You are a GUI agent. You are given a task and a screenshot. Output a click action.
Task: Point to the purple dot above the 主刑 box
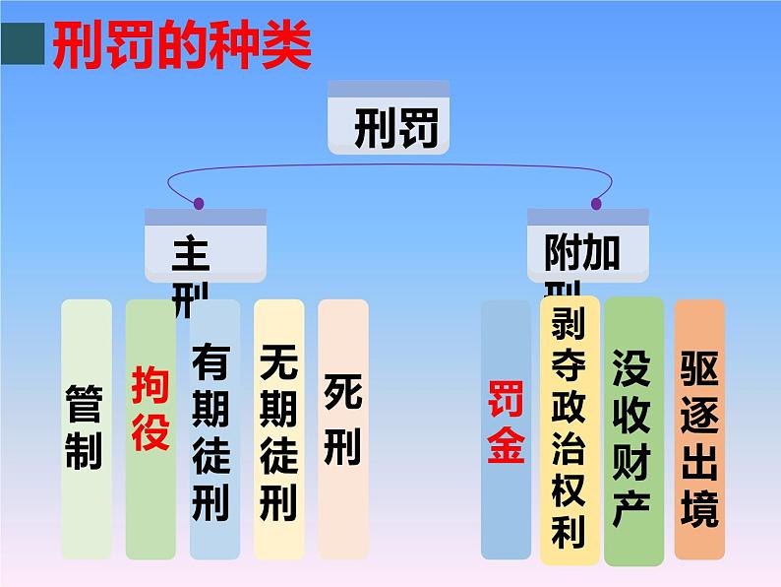tap(199, 204)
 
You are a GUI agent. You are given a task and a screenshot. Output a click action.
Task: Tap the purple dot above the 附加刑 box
tap(596, 204)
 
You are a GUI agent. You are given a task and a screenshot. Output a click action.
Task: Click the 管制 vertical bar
tap(86, 427)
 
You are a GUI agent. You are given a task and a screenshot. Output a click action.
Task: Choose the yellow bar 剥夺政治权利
tap(569, 427)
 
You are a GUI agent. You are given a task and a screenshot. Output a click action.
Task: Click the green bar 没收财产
tap(632, 431)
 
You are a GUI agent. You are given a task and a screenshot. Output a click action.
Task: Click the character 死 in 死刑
tap(342, 393)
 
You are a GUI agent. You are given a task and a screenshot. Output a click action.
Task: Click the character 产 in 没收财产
tap(632, 508)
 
